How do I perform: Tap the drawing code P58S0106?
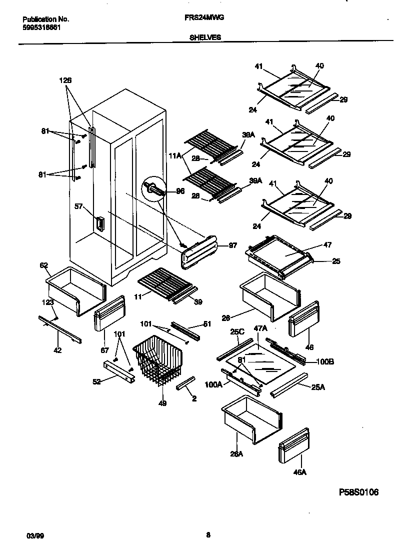point(358,492)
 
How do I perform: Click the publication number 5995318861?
point(42,27)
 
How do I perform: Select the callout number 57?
point(78,206)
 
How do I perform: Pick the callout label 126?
point(65,80)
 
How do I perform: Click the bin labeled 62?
point(75,289)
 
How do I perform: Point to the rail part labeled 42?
point(60,331)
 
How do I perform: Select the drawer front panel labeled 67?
point(109,313)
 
